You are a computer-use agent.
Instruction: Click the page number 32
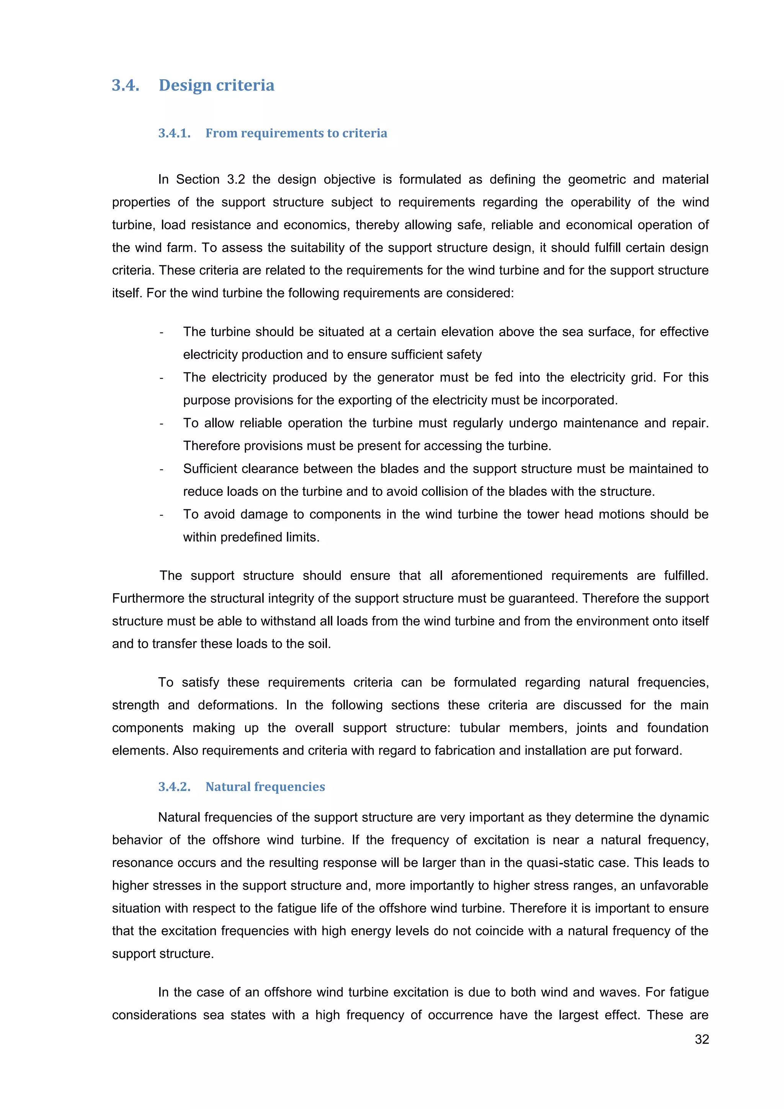[701, 1039]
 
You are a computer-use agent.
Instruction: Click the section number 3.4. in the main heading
[126, 85]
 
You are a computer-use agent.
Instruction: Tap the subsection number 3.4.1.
[174, 133]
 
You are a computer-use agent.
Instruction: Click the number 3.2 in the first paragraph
[235, 179]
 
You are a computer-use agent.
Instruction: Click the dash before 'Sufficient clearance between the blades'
[161, 469]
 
